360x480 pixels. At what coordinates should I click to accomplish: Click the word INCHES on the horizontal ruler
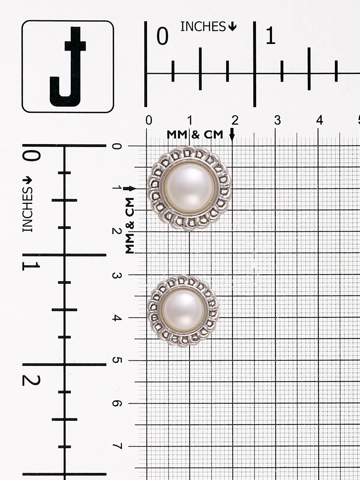point(203,27)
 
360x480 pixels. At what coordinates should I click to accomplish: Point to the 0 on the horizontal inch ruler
point(163,36)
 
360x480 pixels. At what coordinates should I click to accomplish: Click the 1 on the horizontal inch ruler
point(270,35)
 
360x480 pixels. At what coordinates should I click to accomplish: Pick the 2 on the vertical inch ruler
point(31,381)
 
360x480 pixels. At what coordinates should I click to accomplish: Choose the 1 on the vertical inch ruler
point(31,266)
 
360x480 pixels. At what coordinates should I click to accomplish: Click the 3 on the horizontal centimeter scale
point(277,120)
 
